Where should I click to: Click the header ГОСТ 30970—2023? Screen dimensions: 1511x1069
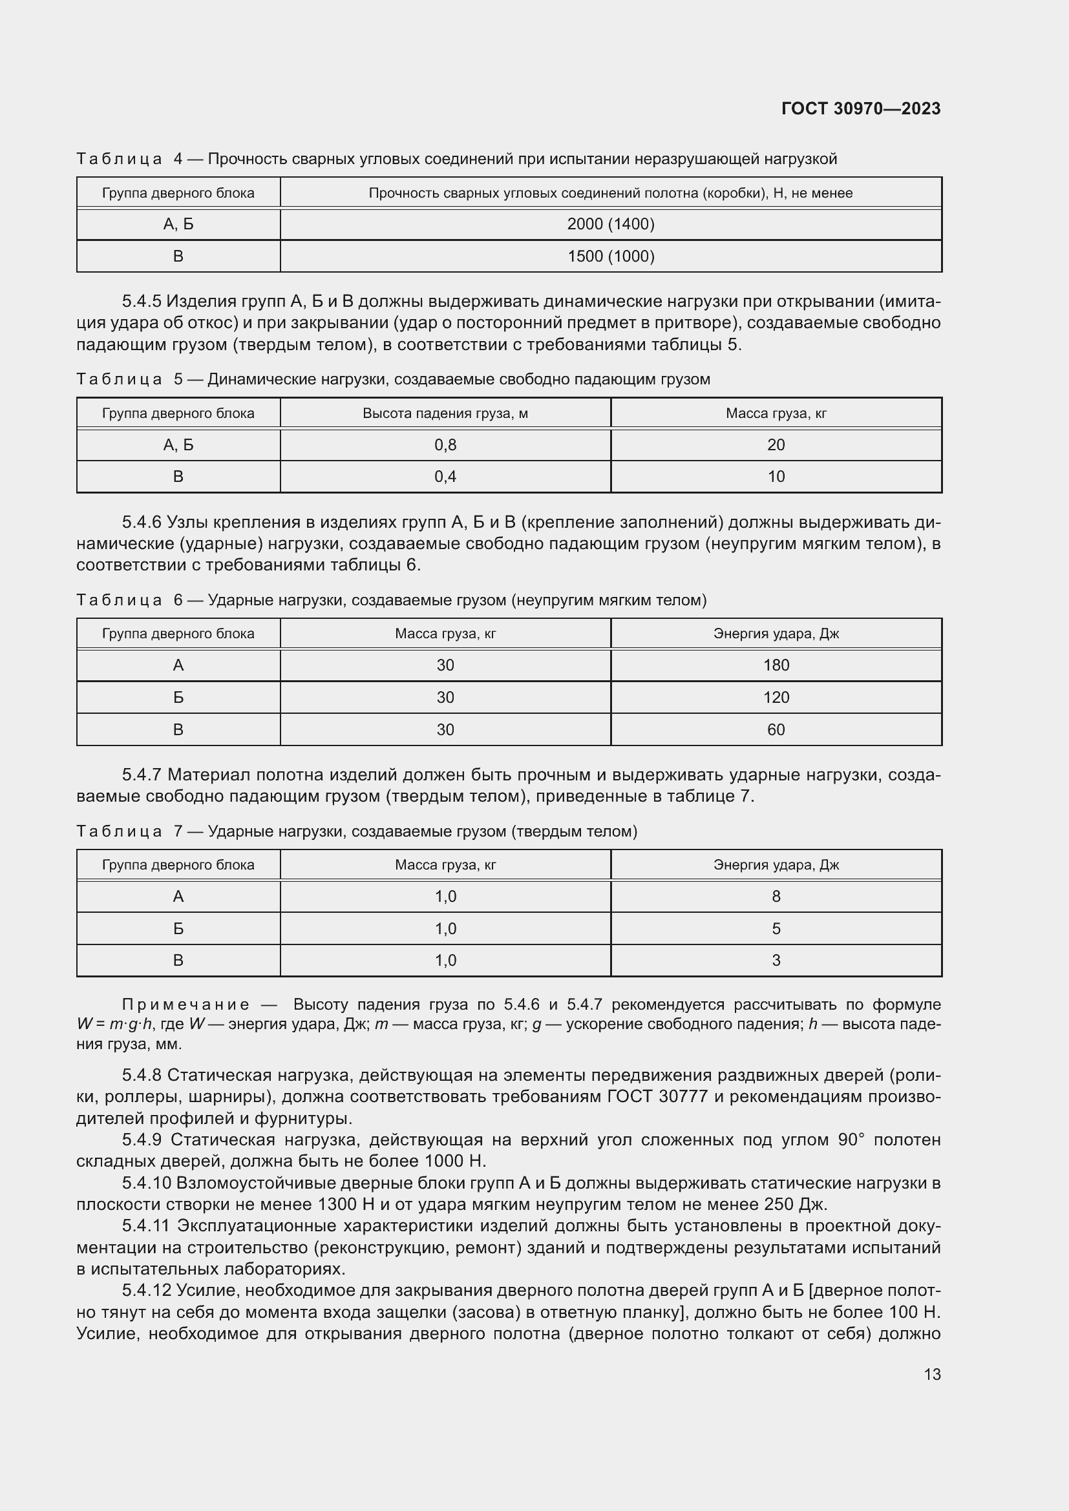click(x=860, y=109)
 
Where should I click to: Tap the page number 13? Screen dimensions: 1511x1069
click(x=932, y=1374)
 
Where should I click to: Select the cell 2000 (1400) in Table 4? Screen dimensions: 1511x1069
click(x=610, y=224)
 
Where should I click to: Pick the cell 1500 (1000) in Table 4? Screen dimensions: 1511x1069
click(x=610, y=256)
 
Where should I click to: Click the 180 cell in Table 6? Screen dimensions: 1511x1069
click(x=776, y=665)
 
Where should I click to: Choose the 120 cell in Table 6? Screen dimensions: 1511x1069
click(x=776, y=698)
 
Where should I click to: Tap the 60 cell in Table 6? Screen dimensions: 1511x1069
click(x=776, y=729)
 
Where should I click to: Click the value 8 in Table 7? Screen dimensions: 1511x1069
click(x=776, y=897)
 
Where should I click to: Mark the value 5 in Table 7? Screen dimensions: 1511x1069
click(x=776, y=928)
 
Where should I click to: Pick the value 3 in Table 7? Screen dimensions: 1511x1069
click(x=776, y=960)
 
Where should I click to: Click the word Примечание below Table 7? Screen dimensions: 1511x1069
click(x=185, y=1005)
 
